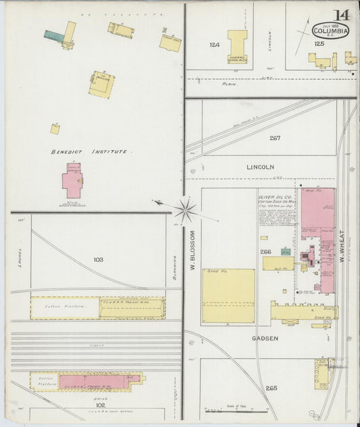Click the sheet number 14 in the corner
(341, 14)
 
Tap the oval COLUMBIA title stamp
(331, 30)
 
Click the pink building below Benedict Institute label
(72, 180)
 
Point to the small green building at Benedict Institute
(53, 34)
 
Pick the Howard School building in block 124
(237, 47)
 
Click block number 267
(274, 138)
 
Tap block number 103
(98, 259)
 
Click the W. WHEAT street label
(342, 247)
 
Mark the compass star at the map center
(186, 209)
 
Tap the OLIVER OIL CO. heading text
(274, 197)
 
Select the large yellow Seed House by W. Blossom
(228, 295)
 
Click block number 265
(272, 388)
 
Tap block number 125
(319, 44)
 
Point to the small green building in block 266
(286, 252)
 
